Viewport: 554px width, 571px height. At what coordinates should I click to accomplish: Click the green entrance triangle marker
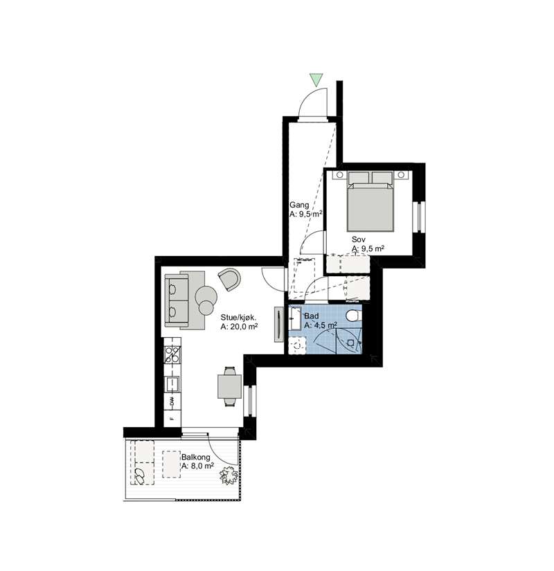(x=316, y=80)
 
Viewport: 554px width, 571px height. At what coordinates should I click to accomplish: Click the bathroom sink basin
(x=295, y=318)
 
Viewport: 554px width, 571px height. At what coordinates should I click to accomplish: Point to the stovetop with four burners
(x=172, y=354)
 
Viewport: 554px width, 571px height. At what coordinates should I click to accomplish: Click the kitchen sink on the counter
(x=172, y=384)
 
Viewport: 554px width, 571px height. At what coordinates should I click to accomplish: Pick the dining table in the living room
(x=230, y=386)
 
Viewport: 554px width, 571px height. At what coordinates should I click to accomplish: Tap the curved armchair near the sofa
(x=230, y=279)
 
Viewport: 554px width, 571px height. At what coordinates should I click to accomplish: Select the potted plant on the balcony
(x=229, y=475)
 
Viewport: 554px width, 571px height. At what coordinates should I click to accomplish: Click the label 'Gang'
(x=299, y=205)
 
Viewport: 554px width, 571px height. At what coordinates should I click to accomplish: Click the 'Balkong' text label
(x=196, y=457)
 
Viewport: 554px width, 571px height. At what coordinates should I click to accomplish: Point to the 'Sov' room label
(x=358, y=239)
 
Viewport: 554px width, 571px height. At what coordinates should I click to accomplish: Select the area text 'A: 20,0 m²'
(x=239, y=327)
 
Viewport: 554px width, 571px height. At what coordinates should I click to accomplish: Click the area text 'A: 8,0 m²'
(x=197, y=466)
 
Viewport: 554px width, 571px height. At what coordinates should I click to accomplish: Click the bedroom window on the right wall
(x=419, y=217)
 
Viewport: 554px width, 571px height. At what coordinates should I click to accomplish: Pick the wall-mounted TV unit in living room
(x=279, y=324)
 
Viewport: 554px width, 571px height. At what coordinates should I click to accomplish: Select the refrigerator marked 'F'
(x=172, y=419)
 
